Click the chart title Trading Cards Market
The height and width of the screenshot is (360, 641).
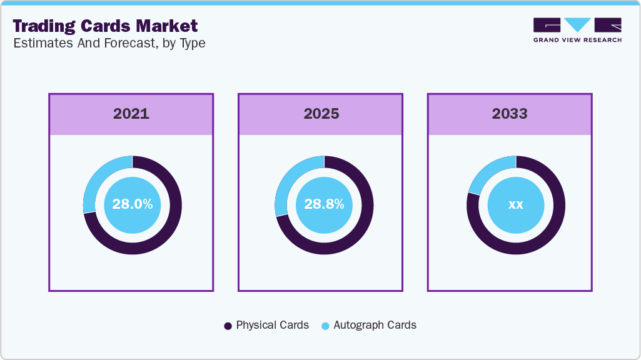click(x=105, y=26)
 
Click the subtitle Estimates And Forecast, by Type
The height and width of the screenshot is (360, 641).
click(x=109, y=43)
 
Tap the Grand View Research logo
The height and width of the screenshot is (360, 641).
click(x=577, y=25)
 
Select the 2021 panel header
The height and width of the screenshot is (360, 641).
click(x=131, y=114)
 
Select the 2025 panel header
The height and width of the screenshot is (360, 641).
click(x=321, y=114)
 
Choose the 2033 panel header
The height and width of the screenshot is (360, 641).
click(x=510, y=114)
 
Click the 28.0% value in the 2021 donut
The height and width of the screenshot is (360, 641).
click(x=132, y=204)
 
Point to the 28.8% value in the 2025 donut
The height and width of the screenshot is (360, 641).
click(x=324, y=204)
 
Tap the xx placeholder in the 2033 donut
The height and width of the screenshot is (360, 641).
click(x=516, y=204)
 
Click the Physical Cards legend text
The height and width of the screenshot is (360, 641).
click(x=272, y=325)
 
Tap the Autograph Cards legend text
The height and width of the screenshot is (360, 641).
click(x=375, y=325)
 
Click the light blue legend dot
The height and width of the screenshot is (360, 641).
click(x=325, y=326)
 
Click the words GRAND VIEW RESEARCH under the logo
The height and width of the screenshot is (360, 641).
click(x=577, y=40)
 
